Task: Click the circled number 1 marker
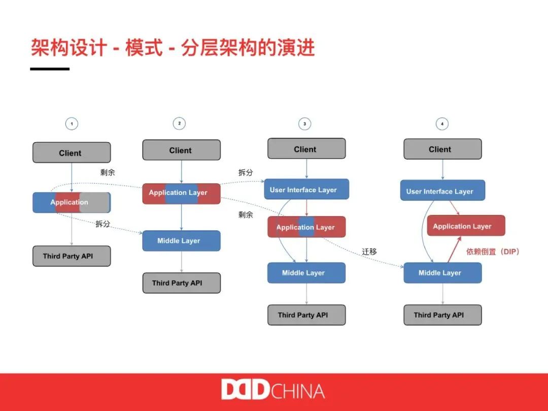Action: tap(72, 123)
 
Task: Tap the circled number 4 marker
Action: tap(442, 123)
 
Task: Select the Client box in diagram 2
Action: tap(181, 150)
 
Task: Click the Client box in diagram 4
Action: tap(442, 149)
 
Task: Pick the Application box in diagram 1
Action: tap(71, 202)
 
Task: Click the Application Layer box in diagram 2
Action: tap(181, 193)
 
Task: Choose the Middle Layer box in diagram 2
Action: tap(181, 241)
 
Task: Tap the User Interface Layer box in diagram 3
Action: tap(306, 189)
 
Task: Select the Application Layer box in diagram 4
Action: tap(466, 226)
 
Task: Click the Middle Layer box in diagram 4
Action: tap(442, 273)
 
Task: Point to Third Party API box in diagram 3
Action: tap(306, 315)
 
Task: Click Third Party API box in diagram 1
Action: tap(71, 256)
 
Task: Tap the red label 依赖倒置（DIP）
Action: tap(493, 252)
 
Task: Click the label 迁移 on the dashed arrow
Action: tap(369, 252)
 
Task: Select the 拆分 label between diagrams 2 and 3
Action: tap(246, 173)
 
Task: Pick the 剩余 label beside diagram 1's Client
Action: tap(108, 173)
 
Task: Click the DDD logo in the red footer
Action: tap(245, 390)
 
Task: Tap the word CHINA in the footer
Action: tap(298, 391)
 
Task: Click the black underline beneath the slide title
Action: tap(50, 68)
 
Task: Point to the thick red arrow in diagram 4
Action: tap(456, 249)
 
